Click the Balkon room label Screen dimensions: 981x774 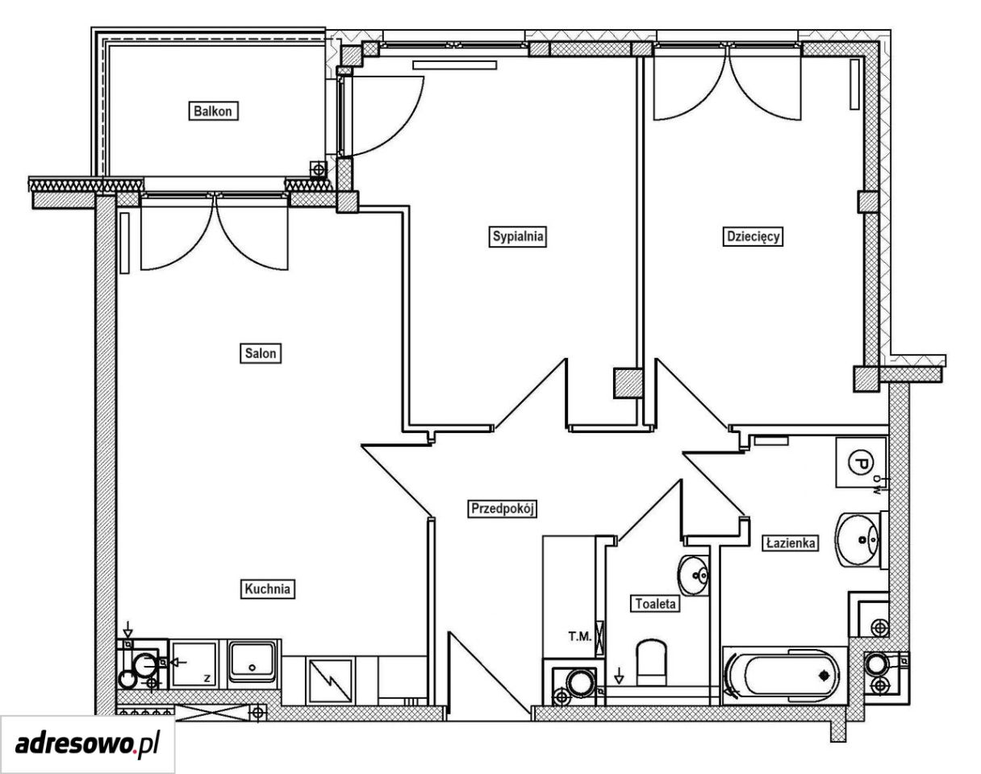213,111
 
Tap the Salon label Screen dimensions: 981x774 261,353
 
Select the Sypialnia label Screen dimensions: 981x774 517,236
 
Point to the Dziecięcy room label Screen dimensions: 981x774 753,236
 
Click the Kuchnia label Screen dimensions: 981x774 267,589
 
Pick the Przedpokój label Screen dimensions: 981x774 503,509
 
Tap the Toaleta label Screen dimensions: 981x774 655,604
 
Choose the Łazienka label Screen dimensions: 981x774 791,543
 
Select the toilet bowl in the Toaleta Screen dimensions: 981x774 651,663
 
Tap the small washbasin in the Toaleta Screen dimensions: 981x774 693,576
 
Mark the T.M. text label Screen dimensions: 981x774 580,636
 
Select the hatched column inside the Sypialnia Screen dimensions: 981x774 628,383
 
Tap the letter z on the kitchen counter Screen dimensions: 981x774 207,678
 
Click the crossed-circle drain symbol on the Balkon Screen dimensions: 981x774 318,170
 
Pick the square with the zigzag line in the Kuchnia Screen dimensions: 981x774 331,680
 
